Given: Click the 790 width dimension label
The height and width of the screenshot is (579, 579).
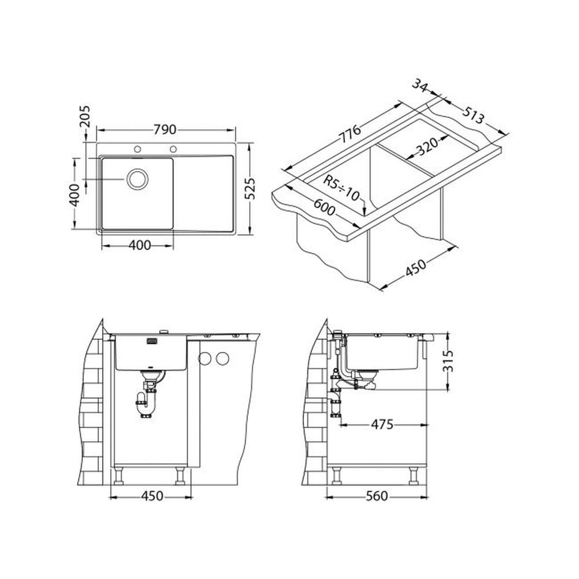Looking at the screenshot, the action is pyautogui.click(x=165, y=130).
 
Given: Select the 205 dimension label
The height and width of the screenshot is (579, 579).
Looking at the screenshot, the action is pyautogui.click(x=85, y=116).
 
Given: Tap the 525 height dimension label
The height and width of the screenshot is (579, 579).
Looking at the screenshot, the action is pyautogui.click(x=250, y=189).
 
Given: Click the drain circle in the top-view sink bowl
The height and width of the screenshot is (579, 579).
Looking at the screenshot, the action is pyautogui.click(x=137, y=179).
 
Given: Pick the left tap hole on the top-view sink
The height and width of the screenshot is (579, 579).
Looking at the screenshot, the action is pyautogui.click(x=137, y=149).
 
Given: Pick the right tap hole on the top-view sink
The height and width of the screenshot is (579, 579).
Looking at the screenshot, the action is pyautogui.click(x=173, y=149).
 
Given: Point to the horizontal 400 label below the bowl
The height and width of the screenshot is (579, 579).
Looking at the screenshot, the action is pyautogui.click(x=140, y=245).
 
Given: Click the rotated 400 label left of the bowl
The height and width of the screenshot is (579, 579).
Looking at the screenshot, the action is pyautogui.click(x=74, y=195).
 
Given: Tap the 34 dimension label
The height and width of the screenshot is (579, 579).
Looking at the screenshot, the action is pyautogui.click(x=420, y=86).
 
